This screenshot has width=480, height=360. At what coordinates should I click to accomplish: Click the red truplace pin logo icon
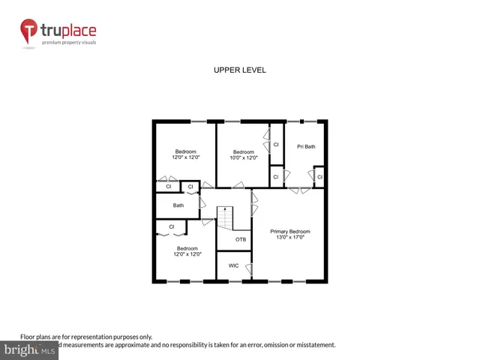point(29,31)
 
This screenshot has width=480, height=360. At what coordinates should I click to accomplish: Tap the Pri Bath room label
point(305,146)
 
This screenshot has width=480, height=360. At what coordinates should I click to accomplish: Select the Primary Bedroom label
point(289,232)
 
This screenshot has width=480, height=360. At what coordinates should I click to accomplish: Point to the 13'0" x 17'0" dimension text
point(289,238)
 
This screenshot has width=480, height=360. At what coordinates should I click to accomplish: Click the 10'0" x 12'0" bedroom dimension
point(244,157)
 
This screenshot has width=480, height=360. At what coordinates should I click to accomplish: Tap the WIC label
point(233,265)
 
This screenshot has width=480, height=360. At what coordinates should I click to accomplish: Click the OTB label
point(241,239)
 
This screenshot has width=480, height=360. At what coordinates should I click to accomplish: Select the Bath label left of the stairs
point(178,205)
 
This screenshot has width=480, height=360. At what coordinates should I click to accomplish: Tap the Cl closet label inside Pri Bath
point(319,177)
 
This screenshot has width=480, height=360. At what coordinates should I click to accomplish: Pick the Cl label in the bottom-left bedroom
point(172,226)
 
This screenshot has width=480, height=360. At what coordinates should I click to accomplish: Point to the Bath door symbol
point(199,201)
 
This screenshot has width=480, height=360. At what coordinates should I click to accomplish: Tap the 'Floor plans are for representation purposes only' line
point(86,337)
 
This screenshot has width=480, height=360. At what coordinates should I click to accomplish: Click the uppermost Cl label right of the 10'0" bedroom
point(275,145)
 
